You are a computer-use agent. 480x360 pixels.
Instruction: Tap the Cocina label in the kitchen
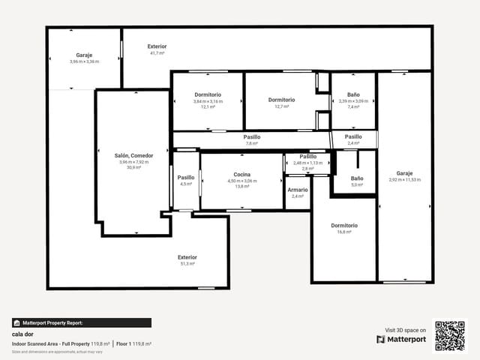[241, 174]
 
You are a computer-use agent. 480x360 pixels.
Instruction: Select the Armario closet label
[297, 190]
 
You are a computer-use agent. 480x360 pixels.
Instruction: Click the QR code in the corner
[450, 334]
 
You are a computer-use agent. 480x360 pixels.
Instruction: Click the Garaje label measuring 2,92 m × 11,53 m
[404, 172]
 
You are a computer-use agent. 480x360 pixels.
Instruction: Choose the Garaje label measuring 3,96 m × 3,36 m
[84, 55]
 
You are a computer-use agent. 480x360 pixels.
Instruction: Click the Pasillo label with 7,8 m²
[252, 137]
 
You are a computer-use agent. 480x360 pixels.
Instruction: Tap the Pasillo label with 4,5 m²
[186, 178]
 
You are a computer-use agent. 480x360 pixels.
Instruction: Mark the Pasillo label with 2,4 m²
[353, 137]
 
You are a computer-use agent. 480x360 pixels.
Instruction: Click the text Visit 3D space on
[406, 330]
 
